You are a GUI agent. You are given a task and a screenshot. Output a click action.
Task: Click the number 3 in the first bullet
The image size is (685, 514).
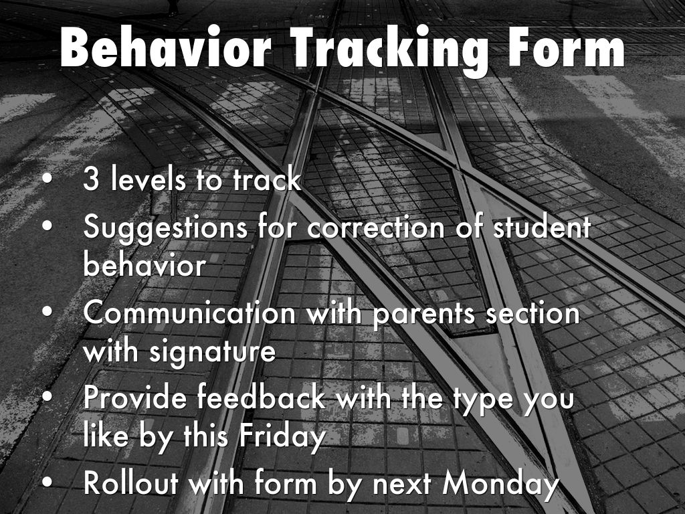[x=91, y=179]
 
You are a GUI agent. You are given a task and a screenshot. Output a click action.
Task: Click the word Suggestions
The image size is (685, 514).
[x=165, y=228]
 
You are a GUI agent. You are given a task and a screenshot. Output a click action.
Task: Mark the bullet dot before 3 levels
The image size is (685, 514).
[x=47, y=179]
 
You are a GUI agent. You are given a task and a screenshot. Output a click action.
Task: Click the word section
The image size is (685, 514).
[x=532, y=313]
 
